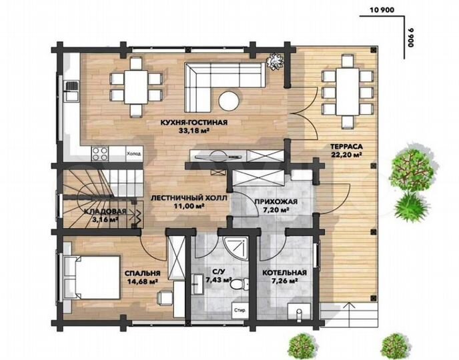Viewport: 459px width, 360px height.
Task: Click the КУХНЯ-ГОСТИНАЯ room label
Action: (194, 123)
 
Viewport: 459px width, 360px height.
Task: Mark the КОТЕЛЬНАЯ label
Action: (284, 273)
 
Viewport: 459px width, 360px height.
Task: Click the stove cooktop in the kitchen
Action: (100, 153)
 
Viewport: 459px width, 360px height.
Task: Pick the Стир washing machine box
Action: (239, 311)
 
